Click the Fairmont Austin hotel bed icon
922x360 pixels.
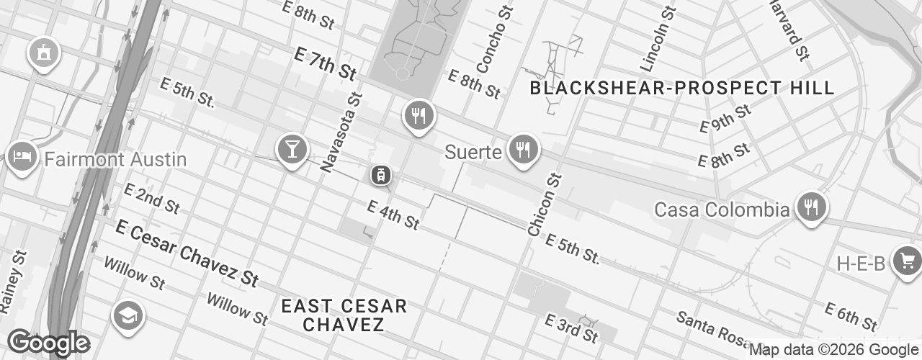point(22,156)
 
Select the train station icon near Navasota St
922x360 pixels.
point(380,174)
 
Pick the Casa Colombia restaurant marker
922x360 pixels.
point(811,207)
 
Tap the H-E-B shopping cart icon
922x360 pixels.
point(907,260)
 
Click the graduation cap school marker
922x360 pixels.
point(128,315)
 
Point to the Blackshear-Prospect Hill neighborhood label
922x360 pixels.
point(682,89)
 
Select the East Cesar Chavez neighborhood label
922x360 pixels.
point(344,315)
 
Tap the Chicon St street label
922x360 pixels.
point(544,204)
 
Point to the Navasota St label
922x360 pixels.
point(339,132)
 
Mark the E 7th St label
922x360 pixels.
point(326,63)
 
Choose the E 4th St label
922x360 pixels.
point(393,215)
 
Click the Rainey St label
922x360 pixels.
point(14,281)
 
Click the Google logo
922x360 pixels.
point(48,343)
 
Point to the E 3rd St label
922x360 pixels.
point(572,328)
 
